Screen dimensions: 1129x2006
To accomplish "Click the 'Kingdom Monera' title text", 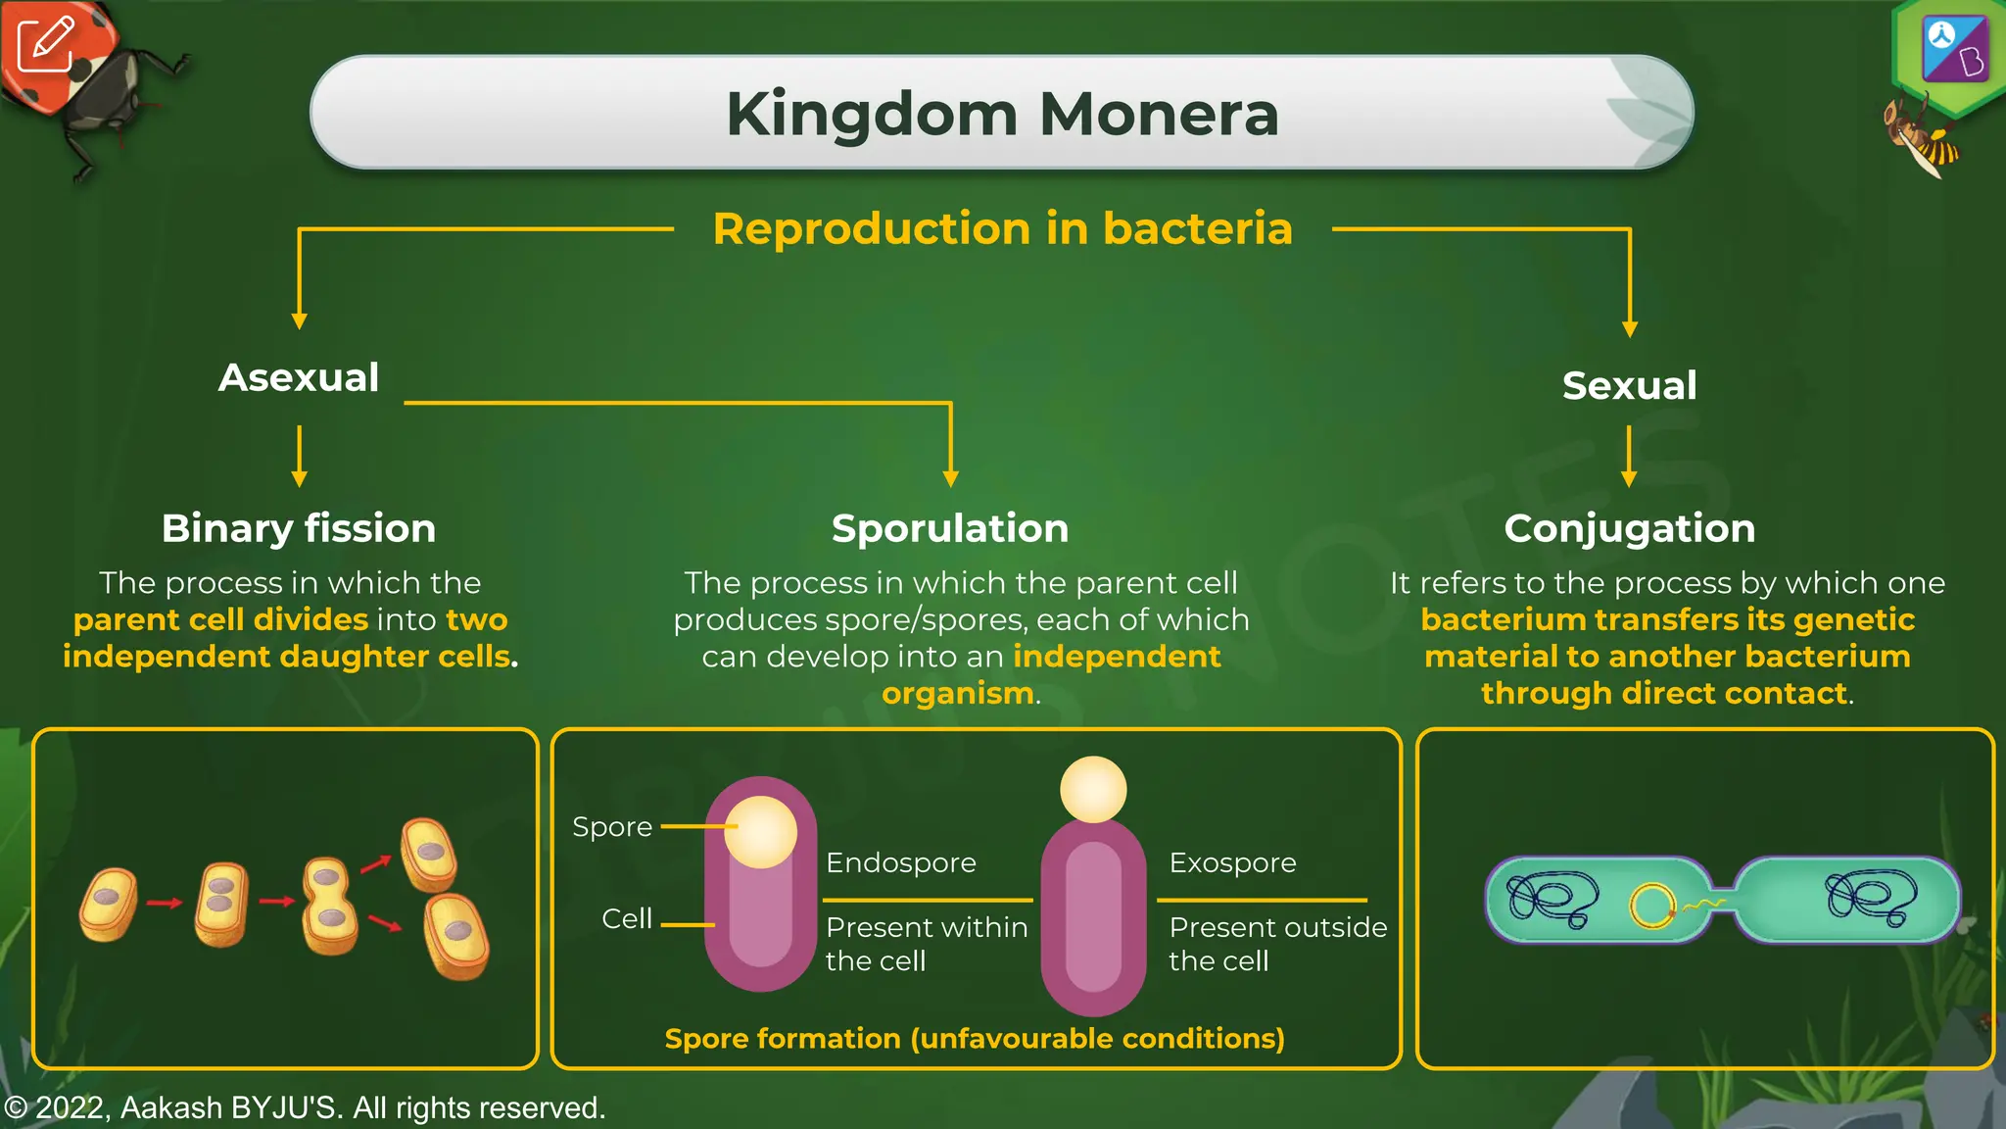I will (1002, 115).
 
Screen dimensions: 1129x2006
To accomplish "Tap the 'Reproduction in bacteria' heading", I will (1002, 228).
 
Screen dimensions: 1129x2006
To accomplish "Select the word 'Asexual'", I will (299, 377).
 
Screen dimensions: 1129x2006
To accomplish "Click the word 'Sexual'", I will (1629, 385).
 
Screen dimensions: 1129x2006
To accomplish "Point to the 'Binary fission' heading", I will (299, 528).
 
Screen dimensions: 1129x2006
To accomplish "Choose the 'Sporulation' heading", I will (949, 528).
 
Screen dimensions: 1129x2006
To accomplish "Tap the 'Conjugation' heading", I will (1629, 528).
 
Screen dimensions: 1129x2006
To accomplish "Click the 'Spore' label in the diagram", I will (612, 827).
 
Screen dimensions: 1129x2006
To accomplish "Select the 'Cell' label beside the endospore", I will (627, 918).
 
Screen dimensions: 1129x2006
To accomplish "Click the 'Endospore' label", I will (901, 862).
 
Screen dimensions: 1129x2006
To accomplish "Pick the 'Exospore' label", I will (1232, 862).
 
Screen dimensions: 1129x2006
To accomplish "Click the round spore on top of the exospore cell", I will (1093, 789).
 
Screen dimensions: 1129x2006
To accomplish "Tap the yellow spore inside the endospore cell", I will (760, 832).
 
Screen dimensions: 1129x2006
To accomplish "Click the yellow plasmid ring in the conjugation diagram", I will (1652, 906).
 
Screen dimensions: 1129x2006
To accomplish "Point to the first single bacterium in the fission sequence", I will (108, 904).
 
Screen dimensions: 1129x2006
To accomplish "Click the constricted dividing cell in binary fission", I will (330, 906).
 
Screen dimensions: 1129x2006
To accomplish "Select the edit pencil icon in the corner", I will (45, 45).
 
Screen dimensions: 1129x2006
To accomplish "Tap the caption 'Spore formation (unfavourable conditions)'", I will (975, 1039).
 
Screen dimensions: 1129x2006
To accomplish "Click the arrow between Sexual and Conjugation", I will (1629, 456).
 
